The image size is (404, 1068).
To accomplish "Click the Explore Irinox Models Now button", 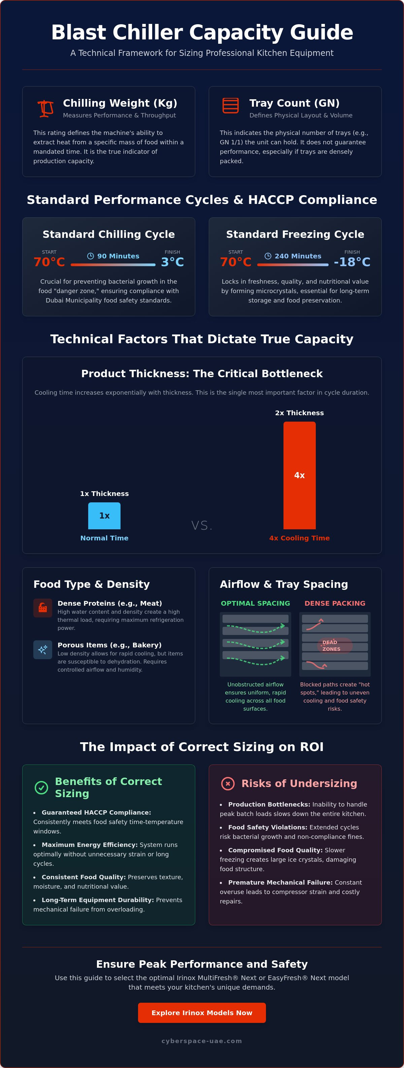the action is click(202, 1012).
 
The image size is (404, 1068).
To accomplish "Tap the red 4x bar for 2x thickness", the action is click(300, 475).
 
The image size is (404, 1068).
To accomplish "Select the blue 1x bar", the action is click(104, 516).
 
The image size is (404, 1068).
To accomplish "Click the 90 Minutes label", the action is click(113, 256).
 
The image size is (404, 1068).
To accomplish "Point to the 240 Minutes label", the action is click(293, 256).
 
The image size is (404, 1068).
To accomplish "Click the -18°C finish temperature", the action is click(352, 262).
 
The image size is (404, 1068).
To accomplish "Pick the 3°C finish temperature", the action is click(173, 262).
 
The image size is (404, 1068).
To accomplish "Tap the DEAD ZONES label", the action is click(331, 645).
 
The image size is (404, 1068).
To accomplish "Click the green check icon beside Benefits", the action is click(41, 787).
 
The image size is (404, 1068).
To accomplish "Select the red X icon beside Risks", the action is click(228, 784).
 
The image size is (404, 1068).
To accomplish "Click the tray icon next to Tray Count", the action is click(231, 106).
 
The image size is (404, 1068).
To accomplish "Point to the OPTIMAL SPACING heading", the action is click(256, 603).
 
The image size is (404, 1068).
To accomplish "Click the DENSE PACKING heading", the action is click(335, 603).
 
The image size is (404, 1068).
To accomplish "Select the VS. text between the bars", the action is click(202, 526).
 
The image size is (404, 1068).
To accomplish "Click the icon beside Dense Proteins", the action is click(43, 608).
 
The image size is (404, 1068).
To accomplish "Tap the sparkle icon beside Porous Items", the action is click(43, 650).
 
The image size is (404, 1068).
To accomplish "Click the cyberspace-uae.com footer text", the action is click(202, 1041).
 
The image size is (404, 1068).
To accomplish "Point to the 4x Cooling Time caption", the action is click(300, 538).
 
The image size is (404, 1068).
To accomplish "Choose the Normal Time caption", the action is click(104, 538).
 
